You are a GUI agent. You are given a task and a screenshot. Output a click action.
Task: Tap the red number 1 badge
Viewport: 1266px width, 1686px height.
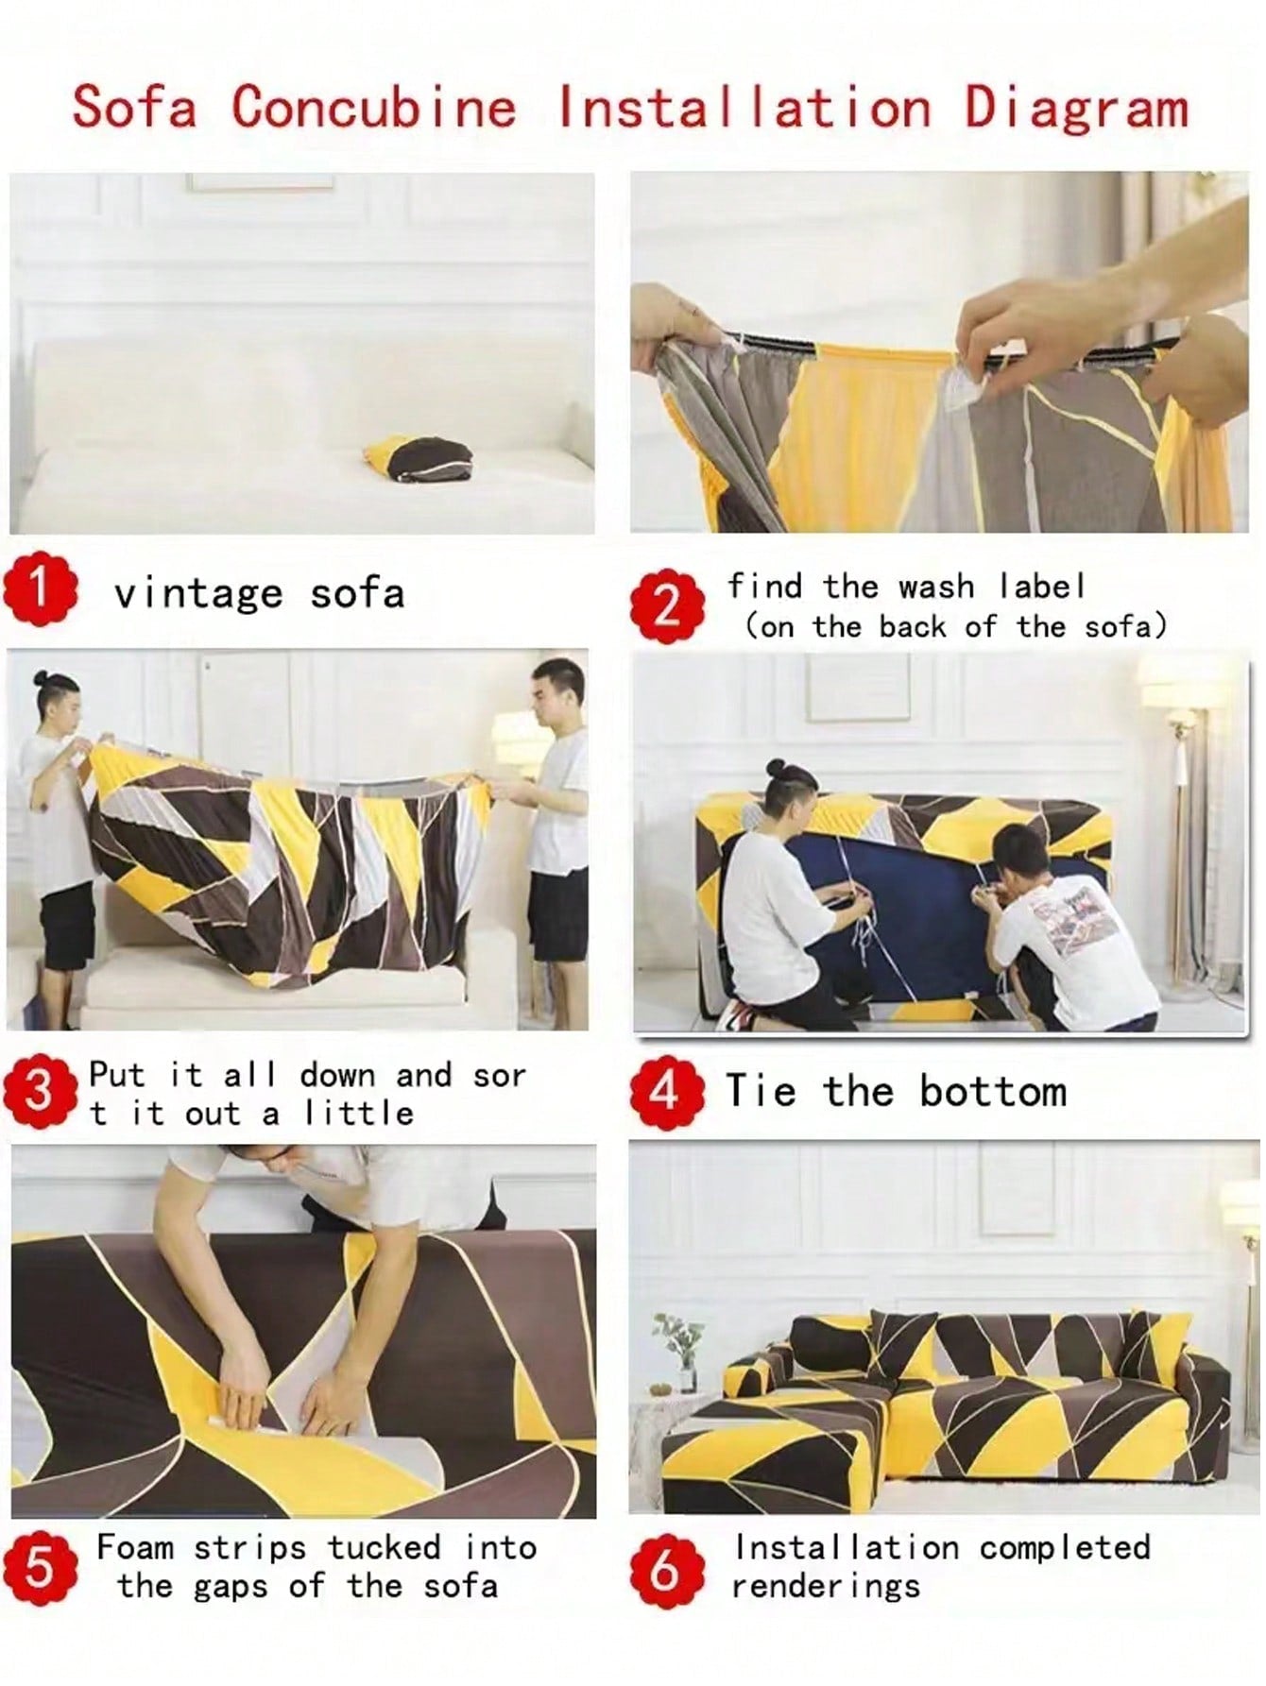point(40,589)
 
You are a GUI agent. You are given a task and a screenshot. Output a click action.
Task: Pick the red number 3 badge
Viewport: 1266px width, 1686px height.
point(40,1092)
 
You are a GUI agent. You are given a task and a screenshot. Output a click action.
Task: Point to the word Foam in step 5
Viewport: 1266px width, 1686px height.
point(135,1548)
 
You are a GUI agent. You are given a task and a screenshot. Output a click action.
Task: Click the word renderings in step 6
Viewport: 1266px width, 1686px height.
point(826,1587)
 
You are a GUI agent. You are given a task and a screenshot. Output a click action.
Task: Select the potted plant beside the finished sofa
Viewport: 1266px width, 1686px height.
point(678,1351)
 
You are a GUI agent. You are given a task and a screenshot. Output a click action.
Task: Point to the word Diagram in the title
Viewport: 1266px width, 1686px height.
point(1076,108)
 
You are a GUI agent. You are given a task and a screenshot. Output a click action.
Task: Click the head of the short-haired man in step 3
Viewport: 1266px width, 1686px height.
point(555,687)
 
